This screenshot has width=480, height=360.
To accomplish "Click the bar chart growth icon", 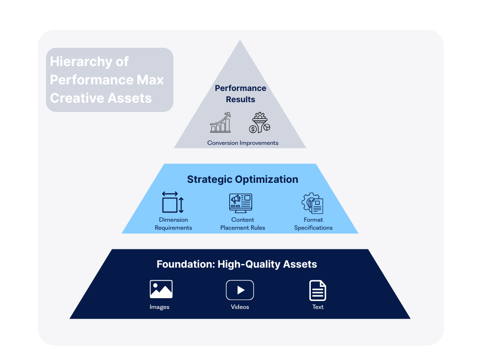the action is click(220, 122).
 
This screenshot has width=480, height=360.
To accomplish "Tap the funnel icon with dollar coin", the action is click(260, 122).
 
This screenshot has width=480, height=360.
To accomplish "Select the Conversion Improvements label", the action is click(243, 143).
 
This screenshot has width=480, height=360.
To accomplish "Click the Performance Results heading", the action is click(240, 94).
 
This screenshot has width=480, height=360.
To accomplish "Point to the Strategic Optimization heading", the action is click(242, 180).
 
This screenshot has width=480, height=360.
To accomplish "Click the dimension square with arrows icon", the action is click(173, 202).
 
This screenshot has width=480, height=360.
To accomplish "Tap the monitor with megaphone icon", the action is click(240, 203).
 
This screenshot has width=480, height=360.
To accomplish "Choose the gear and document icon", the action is click(313, 203).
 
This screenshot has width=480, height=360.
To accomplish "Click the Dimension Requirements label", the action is click(173, 224).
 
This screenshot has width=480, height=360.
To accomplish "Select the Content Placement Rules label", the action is click(243, 224).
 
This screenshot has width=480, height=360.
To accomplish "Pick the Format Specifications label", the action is click(313, 224).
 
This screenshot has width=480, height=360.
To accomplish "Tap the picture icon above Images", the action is click(161, 289).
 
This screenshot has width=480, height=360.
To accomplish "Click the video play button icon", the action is click(240, 290).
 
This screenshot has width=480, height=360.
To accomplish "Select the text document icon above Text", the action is click(318, 291).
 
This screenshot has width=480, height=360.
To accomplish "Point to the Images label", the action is click(159, 307).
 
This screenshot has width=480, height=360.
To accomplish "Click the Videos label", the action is click(240, 307).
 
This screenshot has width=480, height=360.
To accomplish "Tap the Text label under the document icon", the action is click(318, 307).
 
